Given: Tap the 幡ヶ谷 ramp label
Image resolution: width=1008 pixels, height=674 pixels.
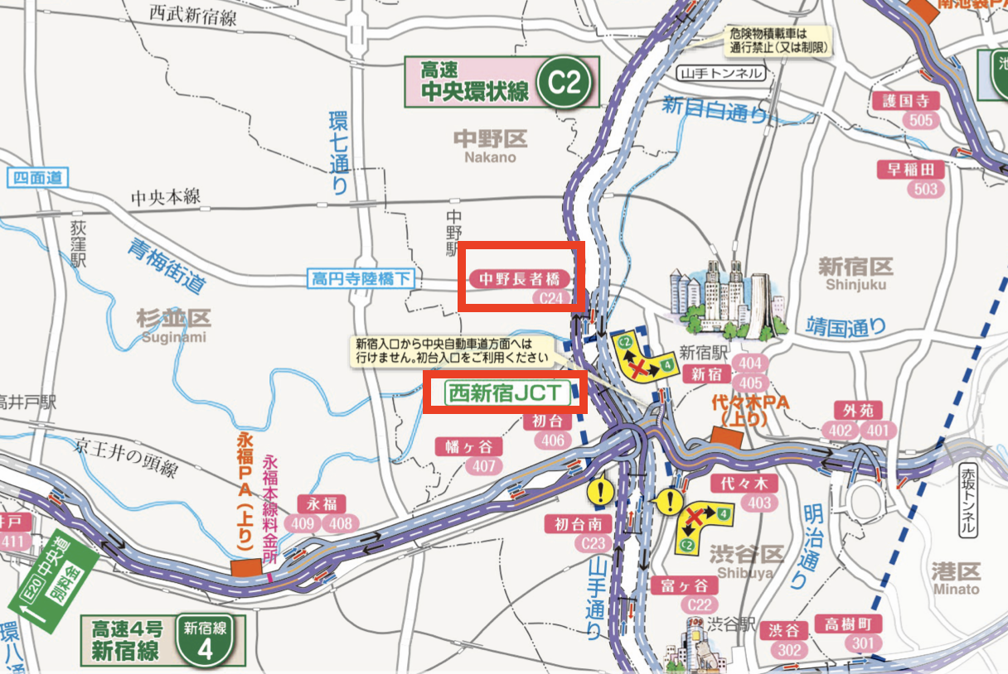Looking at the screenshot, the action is [x=469, y=447].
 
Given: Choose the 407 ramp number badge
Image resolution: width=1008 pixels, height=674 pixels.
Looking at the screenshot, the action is [x=483, y=467].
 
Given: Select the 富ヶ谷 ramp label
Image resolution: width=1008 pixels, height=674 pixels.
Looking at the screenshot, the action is [x=684, y=585].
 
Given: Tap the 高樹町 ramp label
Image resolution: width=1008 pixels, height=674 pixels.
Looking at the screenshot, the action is [x=848, y=623].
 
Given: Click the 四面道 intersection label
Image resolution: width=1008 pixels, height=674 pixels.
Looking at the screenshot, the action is [x=37, y=176].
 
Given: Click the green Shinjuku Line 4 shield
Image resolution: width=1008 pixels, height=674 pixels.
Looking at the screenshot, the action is [x=204, y=640].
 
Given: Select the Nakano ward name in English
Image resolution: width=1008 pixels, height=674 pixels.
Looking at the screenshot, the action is [x=490, y=157].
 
